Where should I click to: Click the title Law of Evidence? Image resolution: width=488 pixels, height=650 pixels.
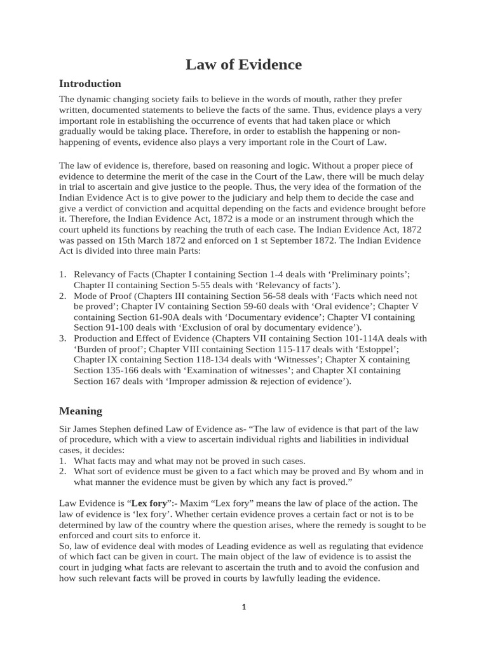pyautogui.click(x=243, y=65)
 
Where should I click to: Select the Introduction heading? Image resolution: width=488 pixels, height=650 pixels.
pyautogui.click(x=90, y=84)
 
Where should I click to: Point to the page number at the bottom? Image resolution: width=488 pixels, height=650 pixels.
pyautogui.click(x=243, y=607)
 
